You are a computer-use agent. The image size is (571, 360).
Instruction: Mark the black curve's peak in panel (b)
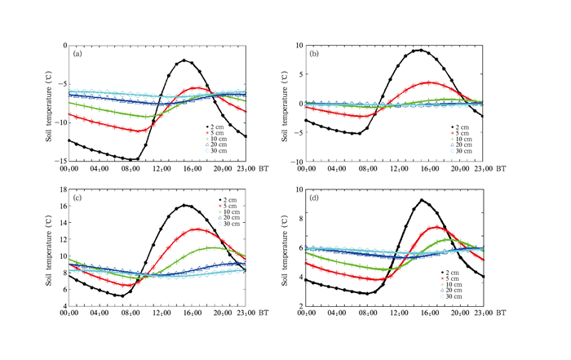tap(420, 51)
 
